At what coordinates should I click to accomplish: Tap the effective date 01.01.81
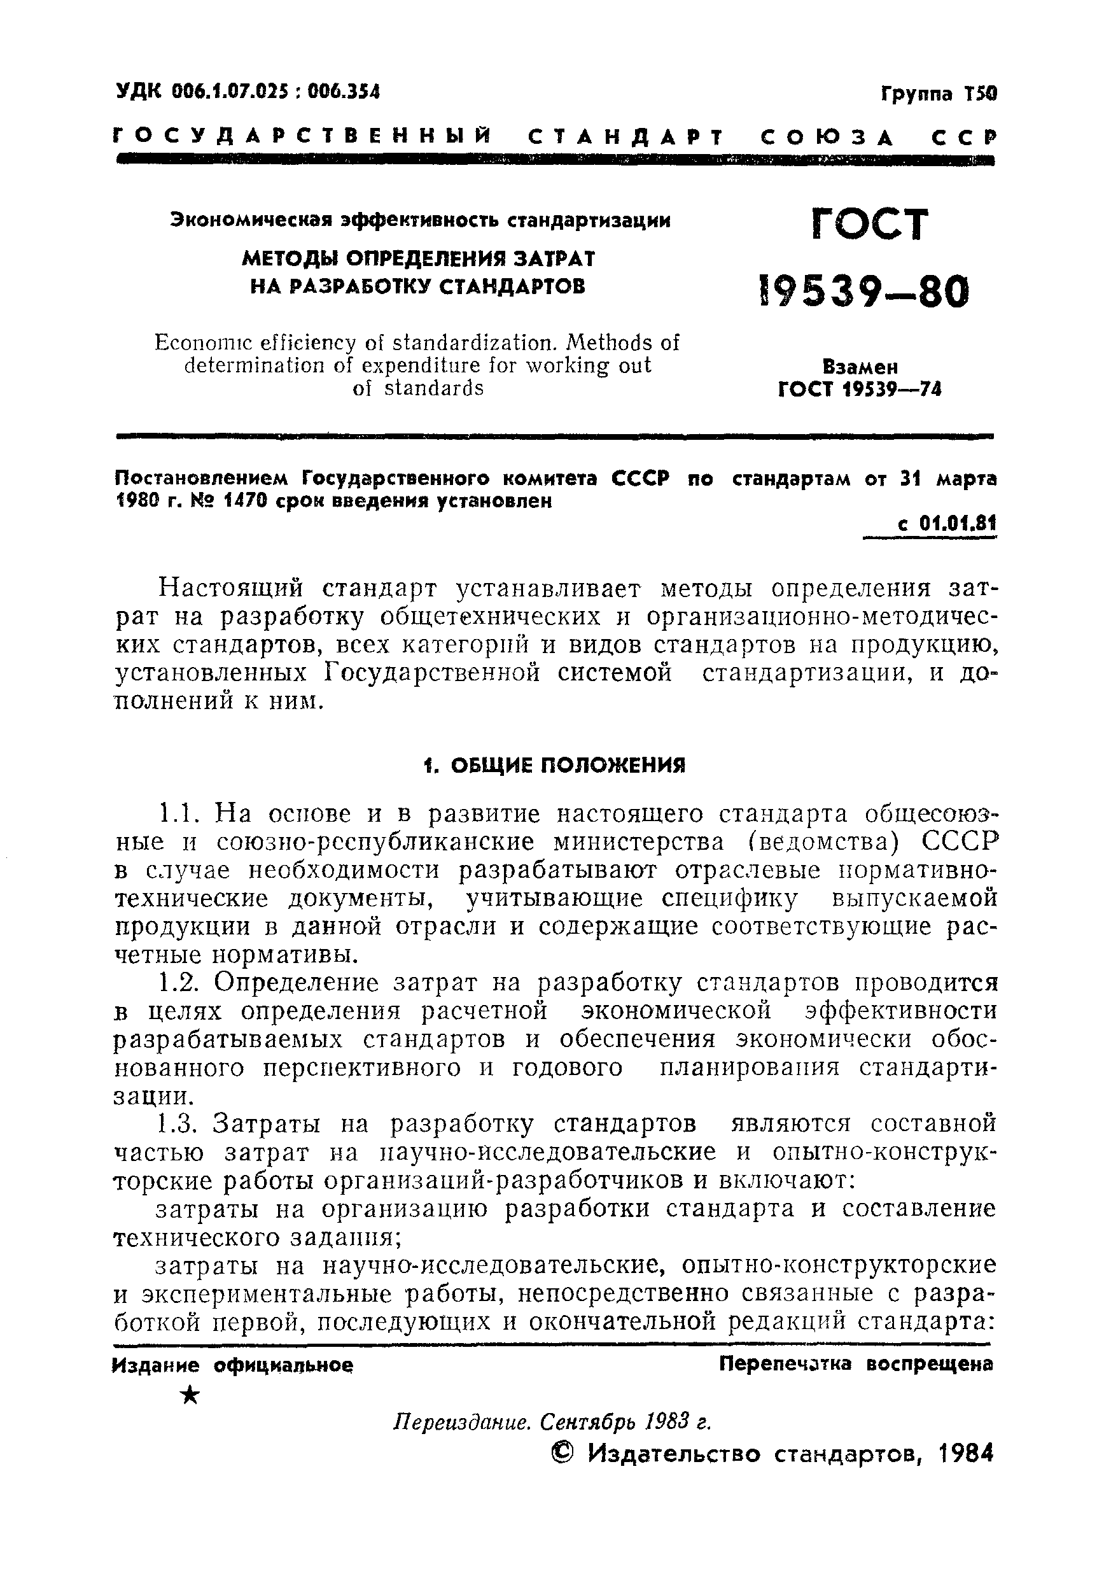(957, 524)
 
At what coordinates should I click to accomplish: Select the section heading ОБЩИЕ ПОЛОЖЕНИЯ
(568, 764)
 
